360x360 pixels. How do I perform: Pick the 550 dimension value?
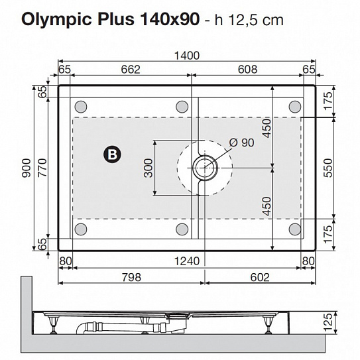pos(328,170)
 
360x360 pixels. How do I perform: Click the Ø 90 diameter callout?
pos(241,142)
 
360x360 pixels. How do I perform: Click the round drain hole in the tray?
pos(204,166)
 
